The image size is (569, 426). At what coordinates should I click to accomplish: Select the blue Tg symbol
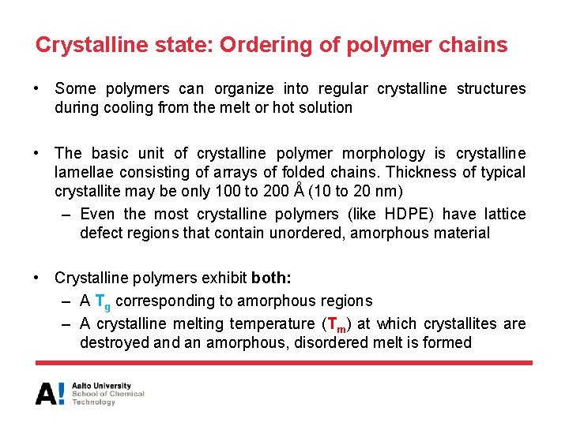coord(103,301)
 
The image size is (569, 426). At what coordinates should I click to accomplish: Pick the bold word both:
coord(271,278)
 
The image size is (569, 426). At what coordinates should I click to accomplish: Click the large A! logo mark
coord(50,394)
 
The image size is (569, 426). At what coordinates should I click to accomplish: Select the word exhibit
coord(226,278)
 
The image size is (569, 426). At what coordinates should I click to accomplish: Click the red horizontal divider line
coord(284,363)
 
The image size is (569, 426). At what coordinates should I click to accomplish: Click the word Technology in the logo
coord(94,402)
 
